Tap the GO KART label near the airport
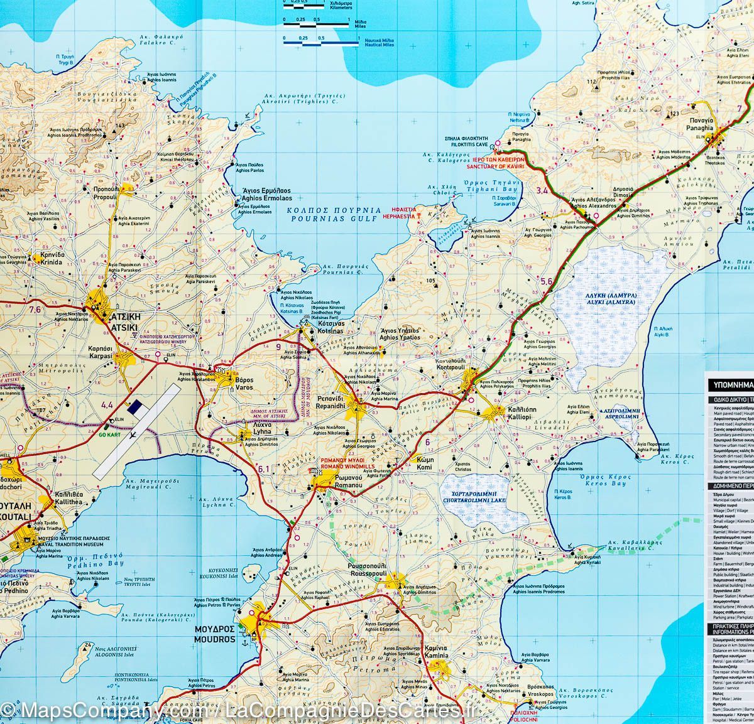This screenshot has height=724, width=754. pos(108,434)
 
